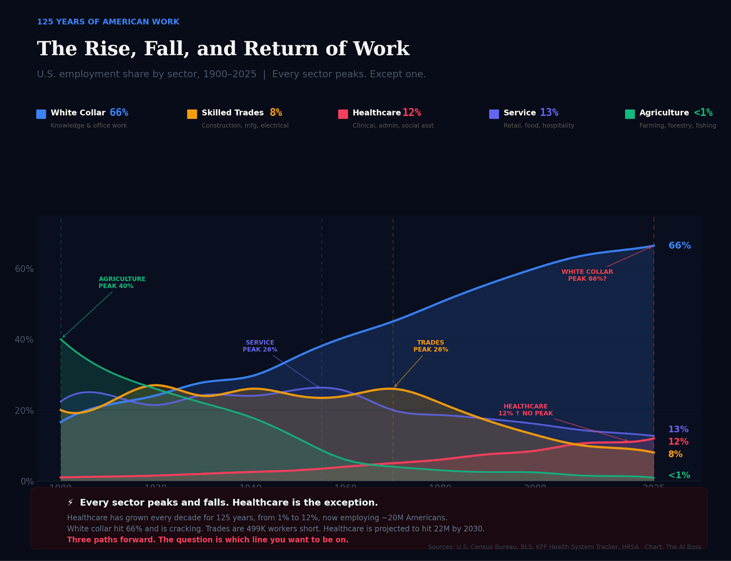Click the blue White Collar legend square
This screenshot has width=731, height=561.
(41, 114)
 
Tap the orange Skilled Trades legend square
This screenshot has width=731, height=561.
(192, 114)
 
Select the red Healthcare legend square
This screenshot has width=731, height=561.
(343, 114)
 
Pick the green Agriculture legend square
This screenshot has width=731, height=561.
(630, 114)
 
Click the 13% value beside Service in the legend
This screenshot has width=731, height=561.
(549, 112)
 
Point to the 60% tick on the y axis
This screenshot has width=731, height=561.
(24, 269)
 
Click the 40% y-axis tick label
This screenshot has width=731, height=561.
(24, 339)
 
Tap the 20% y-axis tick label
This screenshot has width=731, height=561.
(24, 410)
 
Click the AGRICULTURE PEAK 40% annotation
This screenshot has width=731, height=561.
(122, 282)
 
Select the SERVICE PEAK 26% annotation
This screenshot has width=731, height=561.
(260, 346)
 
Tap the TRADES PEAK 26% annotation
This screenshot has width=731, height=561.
(430, 346)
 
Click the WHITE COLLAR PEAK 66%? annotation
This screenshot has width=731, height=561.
(587, 275)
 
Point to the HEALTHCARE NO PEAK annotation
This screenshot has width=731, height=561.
(525, 410)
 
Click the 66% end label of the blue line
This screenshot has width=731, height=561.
(679, 245)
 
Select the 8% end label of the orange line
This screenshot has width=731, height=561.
(675, 454)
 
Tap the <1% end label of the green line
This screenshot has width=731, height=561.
(679, 475)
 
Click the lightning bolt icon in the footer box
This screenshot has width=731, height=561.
(70, 503)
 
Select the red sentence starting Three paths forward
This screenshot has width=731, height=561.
(207, 540)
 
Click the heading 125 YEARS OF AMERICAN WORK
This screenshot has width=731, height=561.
(108, 22)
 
